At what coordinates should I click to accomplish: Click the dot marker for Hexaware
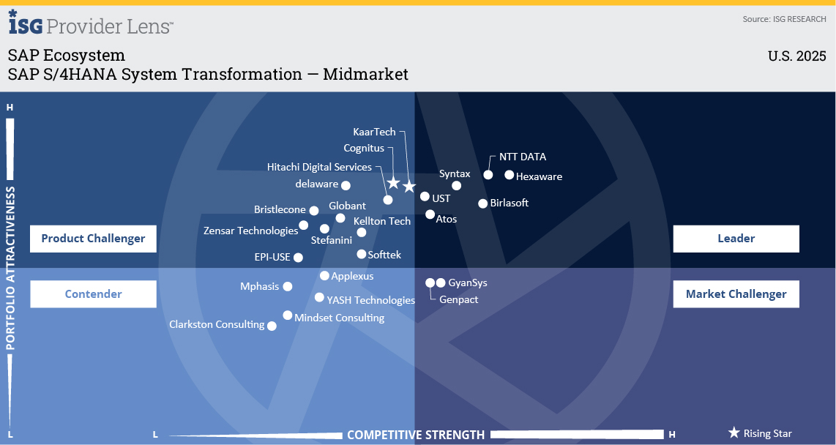(510, 175)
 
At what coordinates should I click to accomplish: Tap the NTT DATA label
(523, 157)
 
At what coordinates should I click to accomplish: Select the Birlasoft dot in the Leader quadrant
(482, 203)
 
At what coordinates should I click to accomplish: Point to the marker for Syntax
(456, 185)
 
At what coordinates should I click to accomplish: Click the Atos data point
(430, 214)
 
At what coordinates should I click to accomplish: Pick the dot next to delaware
(346, 185)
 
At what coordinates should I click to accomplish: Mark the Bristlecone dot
(314, 211)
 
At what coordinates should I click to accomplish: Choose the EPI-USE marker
(298, 258)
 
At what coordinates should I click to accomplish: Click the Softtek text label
(384, 255)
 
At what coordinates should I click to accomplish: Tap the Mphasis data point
(288, 286)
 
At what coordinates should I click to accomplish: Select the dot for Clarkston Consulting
(272, 326)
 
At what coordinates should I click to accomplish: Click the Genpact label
(458, 299)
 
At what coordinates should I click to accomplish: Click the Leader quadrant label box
(736, 238)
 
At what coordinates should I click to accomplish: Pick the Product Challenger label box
(93, 238)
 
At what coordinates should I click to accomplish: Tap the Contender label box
(93, 293)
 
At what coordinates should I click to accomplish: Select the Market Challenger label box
(736, 293)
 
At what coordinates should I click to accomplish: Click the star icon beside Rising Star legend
(734, 433)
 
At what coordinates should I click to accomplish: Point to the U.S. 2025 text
(796, 56)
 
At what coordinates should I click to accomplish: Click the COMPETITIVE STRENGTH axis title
(416, 435)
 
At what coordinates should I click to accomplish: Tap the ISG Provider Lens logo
(91, 23)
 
